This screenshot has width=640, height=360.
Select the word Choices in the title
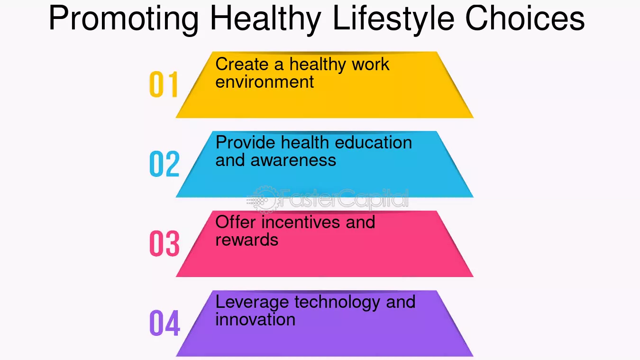(525, 18)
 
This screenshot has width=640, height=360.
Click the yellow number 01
(164, 84)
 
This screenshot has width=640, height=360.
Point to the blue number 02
(165, 164)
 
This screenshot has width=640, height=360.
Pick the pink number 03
(165, 243)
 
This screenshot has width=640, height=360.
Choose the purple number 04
(165, 323)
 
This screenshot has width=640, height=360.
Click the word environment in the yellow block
(265, 82)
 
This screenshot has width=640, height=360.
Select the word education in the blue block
(373, 142)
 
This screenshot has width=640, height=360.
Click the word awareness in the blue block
(293, 160)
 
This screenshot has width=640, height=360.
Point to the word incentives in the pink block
(301, 222)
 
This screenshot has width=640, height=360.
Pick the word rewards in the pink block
(247, 240)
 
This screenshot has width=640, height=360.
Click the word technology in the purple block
(338, 303)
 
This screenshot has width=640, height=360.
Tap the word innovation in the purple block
(256, 319)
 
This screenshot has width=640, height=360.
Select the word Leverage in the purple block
(252, 303)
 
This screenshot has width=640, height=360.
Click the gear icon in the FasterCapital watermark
(264, 199)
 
